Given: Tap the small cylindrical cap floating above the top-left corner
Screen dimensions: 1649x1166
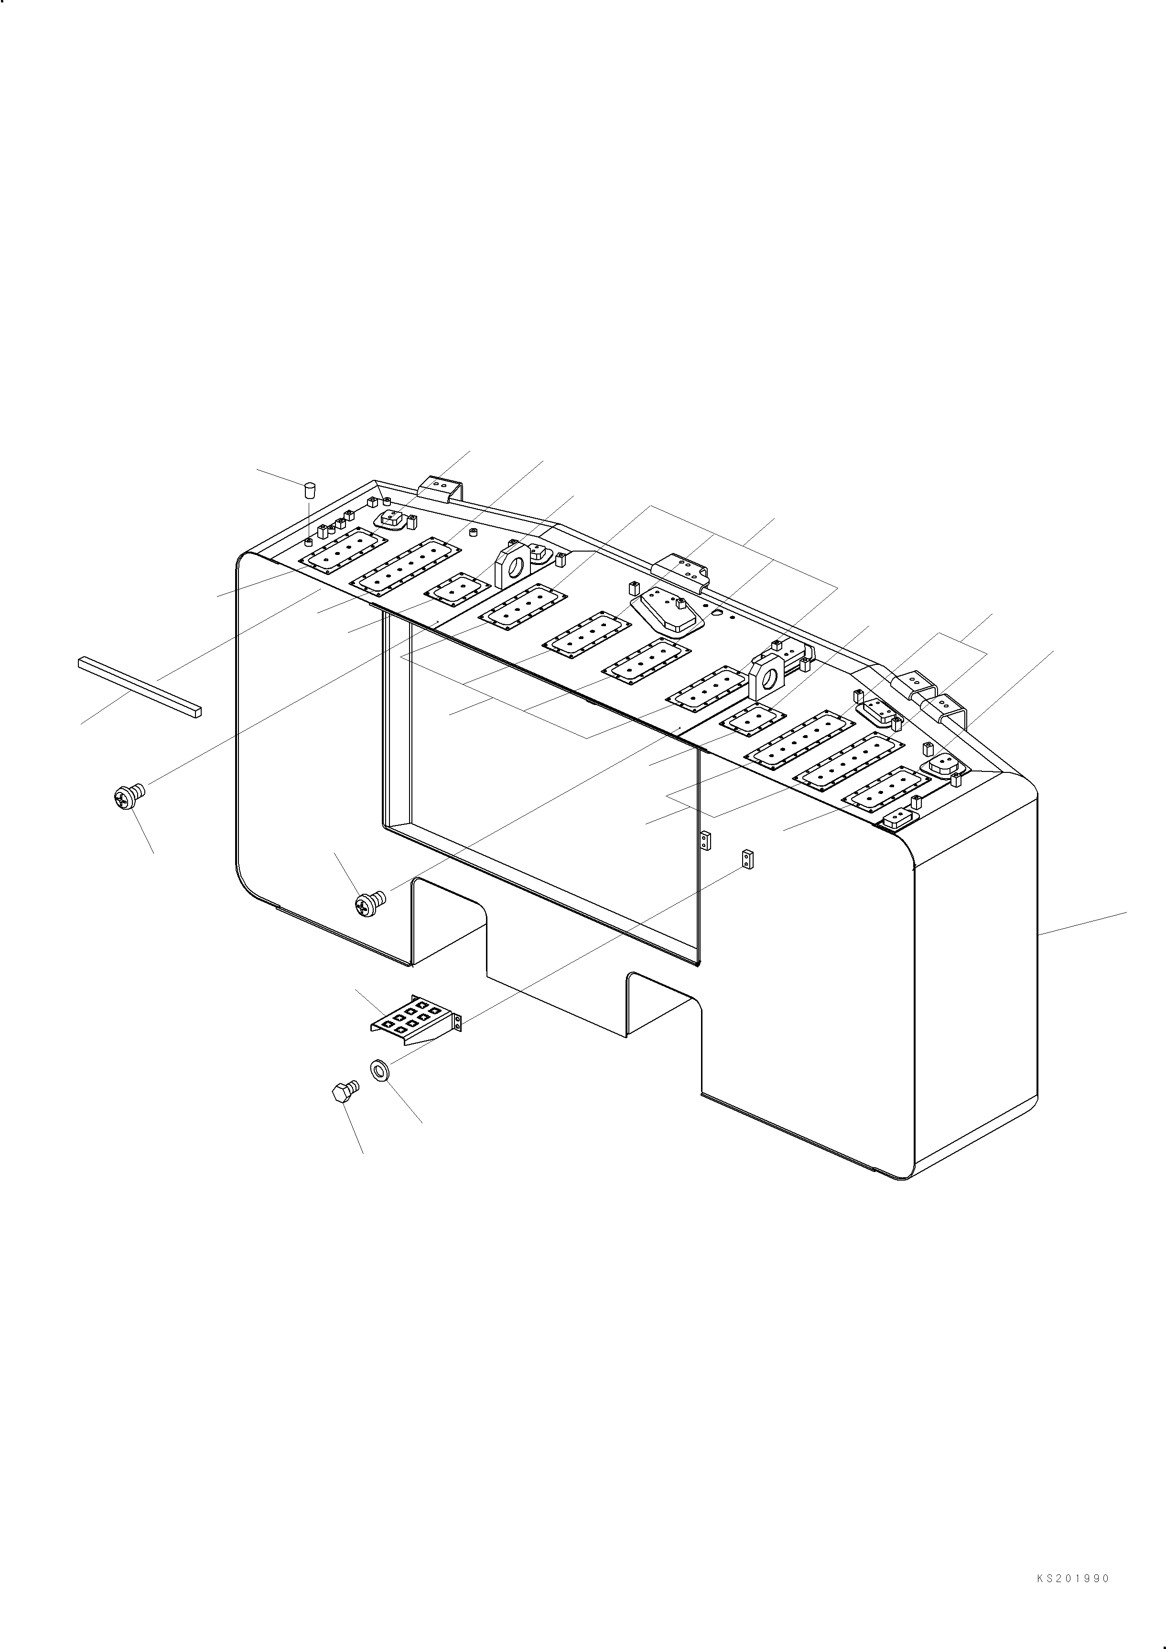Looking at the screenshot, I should [310, 490].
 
